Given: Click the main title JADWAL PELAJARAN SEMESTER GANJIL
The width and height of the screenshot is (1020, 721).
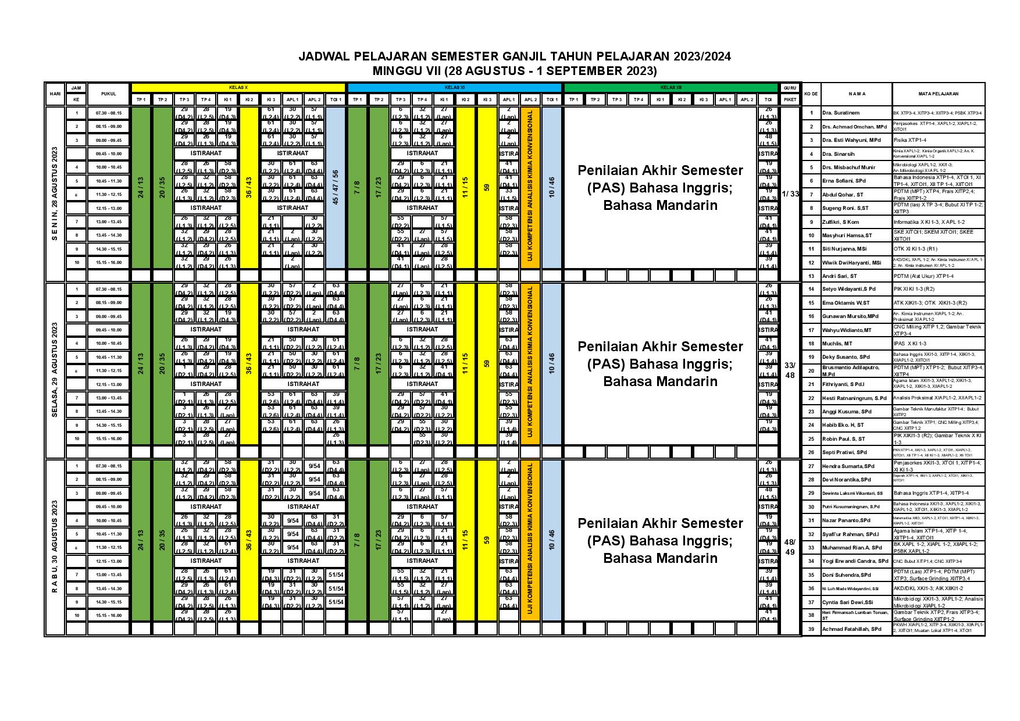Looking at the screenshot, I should click(514, 57).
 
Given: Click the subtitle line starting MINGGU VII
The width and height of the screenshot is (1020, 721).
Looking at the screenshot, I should click(514, 71).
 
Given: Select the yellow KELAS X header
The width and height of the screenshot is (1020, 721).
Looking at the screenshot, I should click(239, 87).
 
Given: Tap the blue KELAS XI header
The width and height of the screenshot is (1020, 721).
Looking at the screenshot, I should click(454, 87).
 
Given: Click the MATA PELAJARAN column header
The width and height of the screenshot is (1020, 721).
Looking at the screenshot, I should click(939, 94).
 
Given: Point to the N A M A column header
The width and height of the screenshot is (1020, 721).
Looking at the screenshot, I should click(856, 94).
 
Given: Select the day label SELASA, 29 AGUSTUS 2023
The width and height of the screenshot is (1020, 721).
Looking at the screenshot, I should click(55, 370).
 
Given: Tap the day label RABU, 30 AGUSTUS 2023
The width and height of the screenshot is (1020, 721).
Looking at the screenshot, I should click(55, 547).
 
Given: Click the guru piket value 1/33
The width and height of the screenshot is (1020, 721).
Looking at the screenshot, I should click(790, 194).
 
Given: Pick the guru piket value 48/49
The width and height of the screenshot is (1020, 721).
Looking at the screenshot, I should click(790, 547).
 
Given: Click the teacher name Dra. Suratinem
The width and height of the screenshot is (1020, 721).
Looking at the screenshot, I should click(840, 113).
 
